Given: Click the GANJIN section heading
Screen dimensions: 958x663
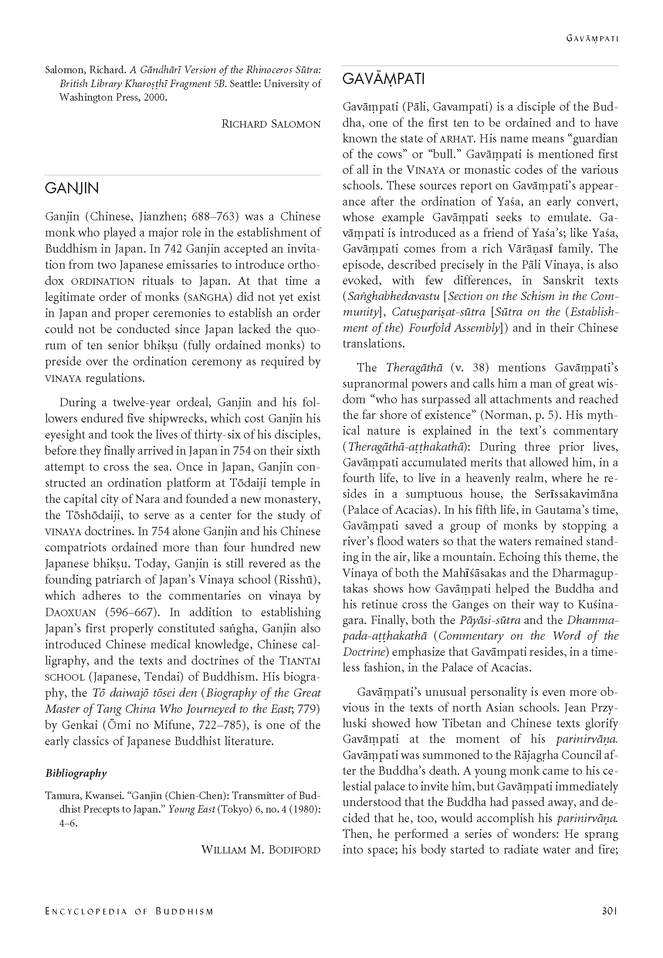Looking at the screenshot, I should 72,189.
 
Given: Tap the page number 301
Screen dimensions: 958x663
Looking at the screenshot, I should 609,923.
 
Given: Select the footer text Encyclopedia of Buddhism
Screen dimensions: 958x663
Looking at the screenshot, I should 129,923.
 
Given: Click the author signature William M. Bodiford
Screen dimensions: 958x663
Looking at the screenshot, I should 260,849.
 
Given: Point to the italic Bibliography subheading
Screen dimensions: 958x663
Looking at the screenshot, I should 76,773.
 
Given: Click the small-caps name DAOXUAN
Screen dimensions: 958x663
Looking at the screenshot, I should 71,613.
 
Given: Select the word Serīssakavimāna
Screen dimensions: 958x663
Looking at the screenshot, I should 575,494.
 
